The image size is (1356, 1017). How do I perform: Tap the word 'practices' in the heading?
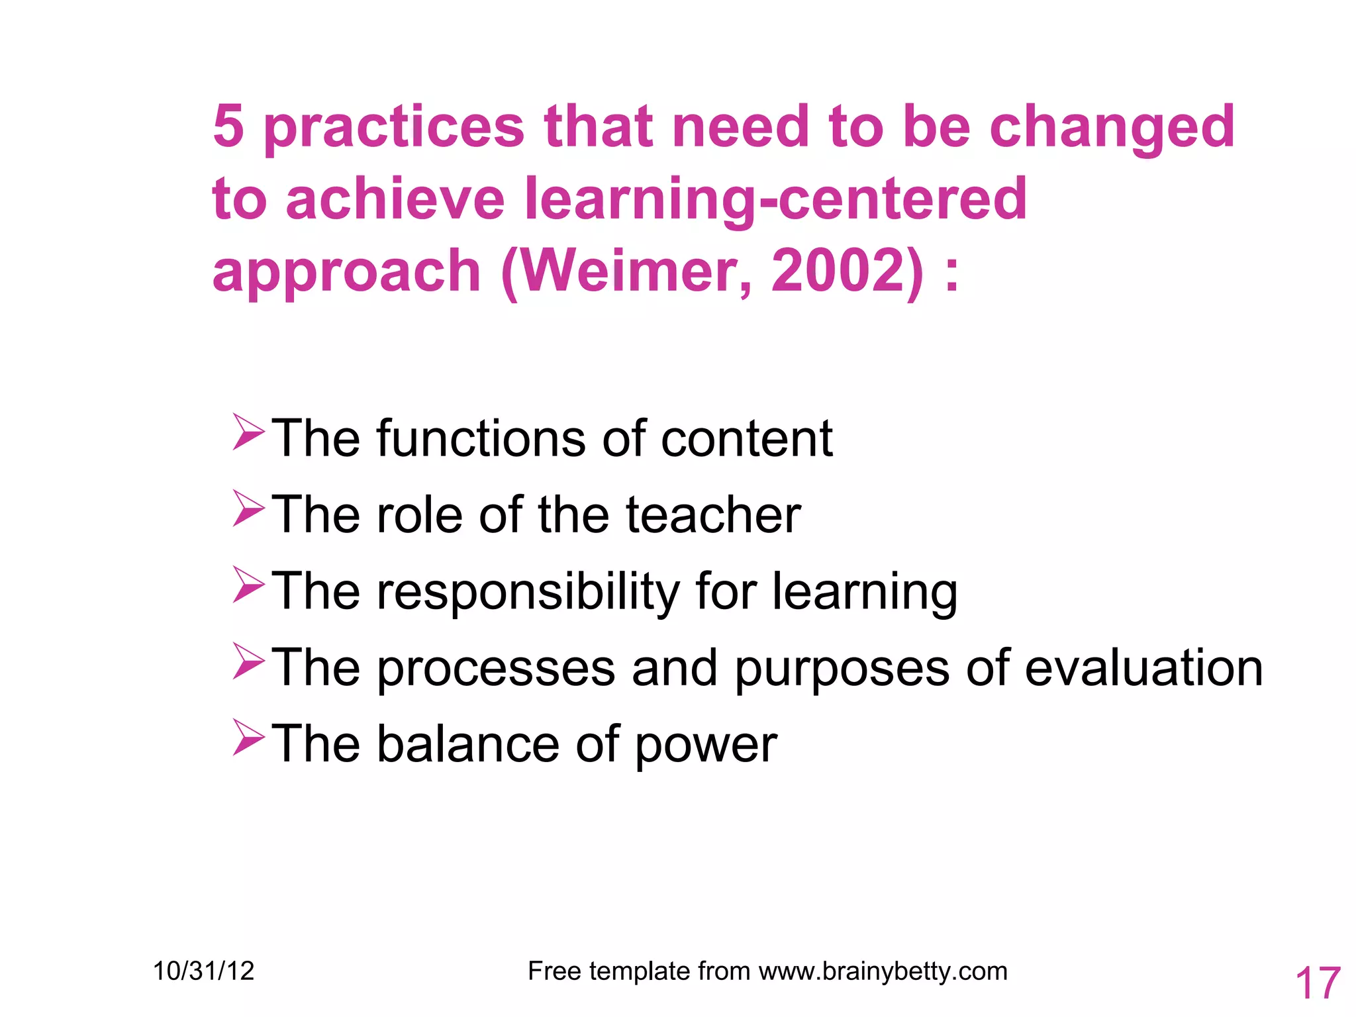click(394, 129)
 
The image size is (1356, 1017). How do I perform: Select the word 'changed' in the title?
click(1112, 129)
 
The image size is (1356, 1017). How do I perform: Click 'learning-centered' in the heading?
click(775, 201)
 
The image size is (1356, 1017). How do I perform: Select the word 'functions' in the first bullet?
click(481, 438)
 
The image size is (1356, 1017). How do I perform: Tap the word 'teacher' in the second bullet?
click(713, 514)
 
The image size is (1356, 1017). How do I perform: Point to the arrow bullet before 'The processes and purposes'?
click(248, 661)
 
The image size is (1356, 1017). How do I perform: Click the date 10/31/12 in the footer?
click(204, 971)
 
